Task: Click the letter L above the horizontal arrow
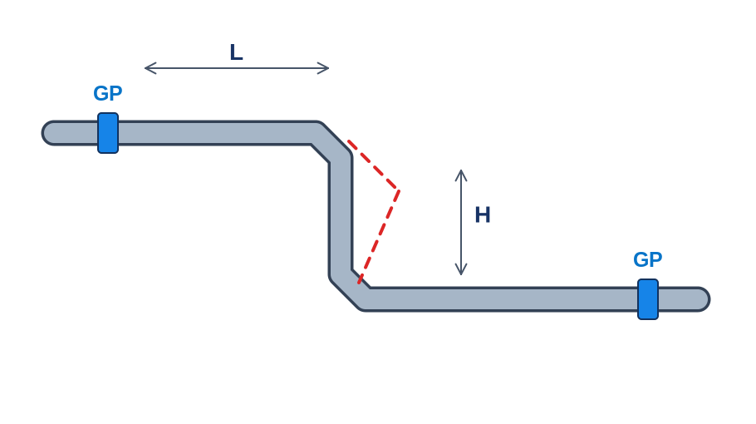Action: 236,52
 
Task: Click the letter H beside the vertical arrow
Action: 483,214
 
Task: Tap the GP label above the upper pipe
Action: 107,94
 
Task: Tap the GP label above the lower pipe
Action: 647,259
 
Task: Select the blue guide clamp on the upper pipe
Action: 108,133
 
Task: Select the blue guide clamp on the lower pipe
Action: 648,299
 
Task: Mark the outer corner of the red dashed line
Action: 398,190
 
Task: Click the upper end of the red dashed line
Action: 348,141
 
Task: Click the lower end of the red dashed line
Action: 359,282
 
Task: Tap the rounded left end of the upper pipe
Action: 47,133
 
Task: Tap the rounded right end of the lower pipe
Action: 704,299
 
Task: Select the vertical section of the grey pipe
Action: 341,216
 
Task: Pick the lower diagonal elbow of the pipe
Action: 349,288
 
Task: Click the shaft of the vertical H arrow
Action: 461,222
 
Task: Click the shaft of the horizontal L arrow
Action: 237,68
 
